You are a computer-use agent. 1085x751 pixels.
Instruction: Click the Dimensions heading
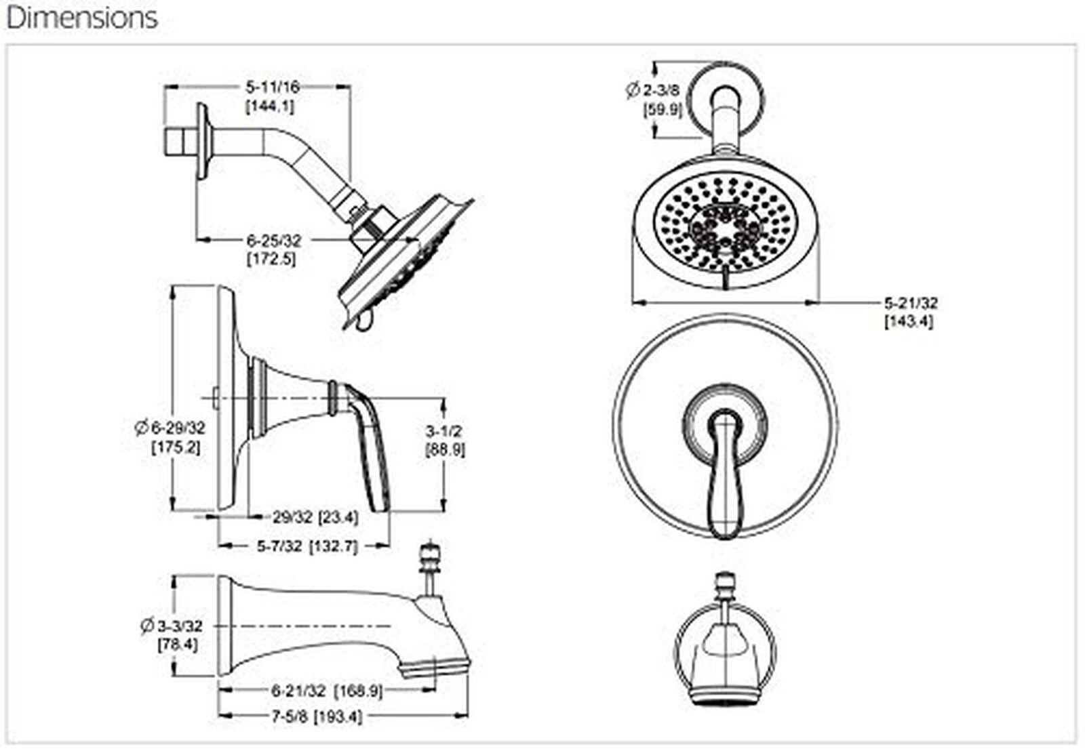(x=82, y=18)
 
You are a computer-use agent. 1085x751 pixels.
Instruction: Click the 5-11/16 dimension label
(x=273, y=87)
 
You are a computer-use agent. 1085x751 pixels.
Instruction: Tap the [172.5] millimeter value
(x=271, y=259)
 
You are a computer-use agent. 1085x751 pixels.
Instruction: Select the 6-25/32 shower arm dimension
(x=274, y=241)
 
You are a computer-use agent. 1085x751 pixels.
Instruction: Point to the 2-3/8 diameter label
(x=654, y=89)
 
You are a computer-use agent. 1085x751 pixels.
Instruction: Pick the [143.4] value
(x=909, y=322)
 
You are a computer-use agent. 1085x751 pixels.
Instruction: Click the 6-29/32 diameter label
(x=170, y=428)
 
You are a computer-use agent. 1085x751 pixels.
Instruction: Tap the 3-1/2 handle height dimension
(x=443, y=430)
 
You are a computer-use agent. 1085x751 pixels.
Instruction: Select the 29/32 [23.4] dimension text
(x=315, y=518)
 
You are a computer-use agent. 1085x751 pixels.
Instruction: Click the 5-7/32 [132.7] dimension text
(x=307, y=547)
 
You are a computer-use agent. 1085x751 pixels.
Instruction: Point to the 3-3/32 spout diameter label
(x=172, y=626)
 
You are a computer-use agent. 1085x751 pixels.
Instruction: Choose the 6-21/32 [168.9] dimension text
(x=327, y=691)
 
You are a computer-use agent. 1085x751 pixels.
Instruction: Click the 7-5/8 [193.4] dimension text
(x=317, y=717)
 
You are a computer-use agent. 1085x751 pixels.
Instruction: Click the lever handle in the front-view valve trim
(x=725, y=474)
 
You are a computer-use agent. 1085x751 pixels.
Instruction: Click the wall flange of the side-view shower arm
(x=203, y=141)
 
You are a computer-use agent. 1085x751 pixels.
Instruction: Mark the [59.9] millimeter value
(x=662, y=110)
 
